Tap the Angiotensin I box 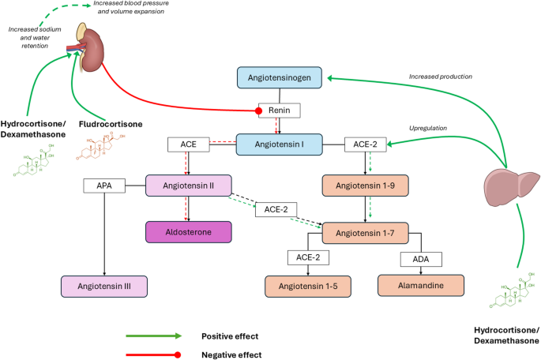coord(281,144)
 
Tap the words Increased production coord(441,77)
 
